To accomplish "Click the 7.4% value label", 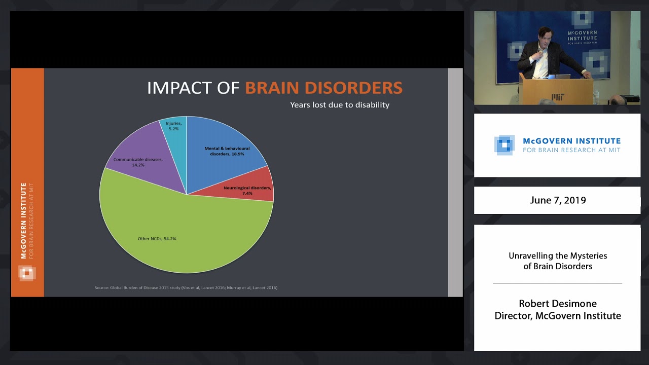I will tap(247, 194).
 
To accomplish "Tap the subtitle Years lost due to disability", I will tap(340, 105).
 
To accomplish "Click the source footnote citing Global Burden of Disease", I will tap(186, 288).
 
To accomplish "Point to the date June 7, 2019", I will tap(558, 200).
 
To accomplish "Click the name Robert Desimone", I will tap(558, 304).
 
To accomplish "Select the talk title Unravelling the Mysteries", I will tap(558, 255).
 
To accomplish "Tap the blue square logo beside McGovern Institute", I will tap(504, 145).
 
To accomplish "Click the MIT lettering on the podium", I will tap(558, 96).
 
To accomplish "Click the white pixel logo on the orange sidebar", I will tap(27, 273).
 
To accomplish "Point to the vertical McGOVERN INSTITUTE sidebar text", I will tap(24, 221).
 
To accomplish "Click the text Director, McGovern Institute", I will tap(558, 316).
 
